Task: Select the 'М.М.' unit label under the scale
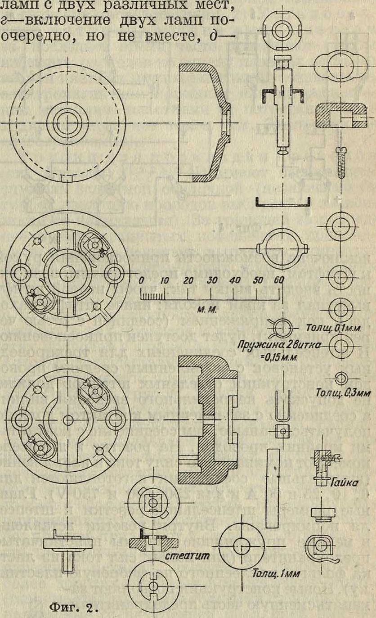pos(205,310)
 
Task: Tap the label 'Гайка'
pos(346,483)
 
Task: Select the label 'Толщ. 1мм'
pos(273,574)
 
